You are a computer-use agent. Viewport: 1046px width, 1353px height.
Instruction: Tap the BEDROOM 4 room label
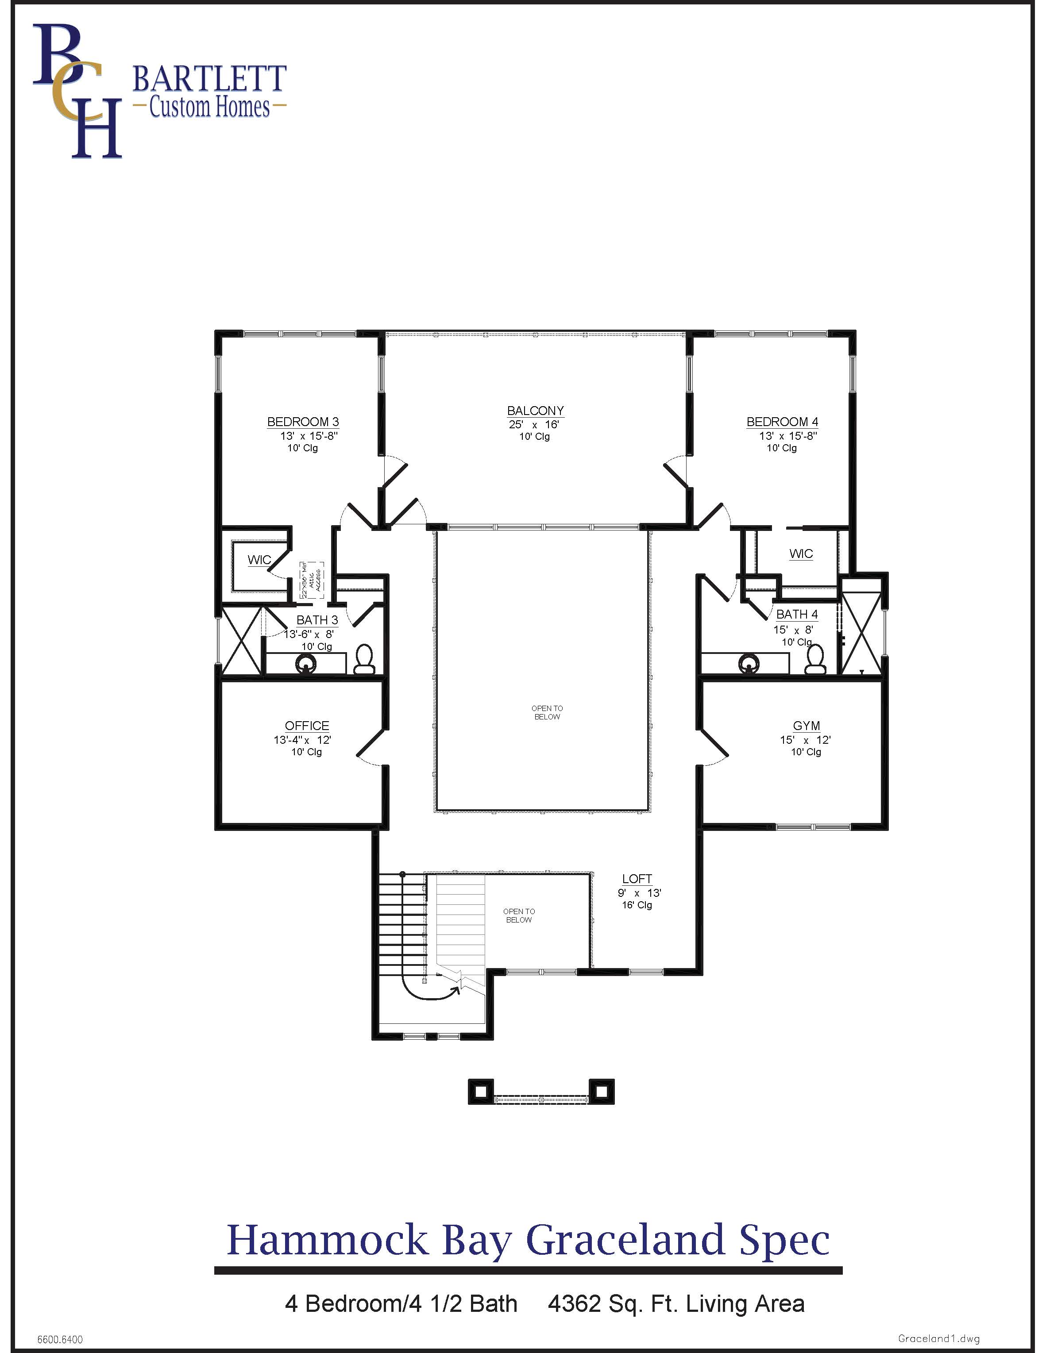point(782,422)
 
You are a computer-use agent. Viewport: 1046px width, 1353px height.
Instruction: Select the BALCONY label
point(535,411)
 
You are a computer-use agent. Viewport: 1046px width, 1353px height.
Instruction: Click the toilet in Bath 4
point(815,660)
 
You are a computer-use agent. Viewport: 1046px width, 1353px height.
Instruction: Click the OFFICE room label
point(307,726)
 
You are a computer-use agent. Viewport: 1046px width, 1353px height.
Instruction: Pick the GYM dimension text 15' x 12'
point(805,740)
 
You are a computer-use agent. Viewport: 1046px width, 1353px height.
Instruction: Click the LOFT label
point(637,878)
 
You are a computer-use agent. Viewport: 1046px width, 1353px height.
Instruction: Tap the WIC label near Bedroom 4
point(801,554)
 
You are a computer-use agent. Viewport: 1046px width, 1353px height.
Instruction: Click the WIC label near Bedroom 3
point(259,560)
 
